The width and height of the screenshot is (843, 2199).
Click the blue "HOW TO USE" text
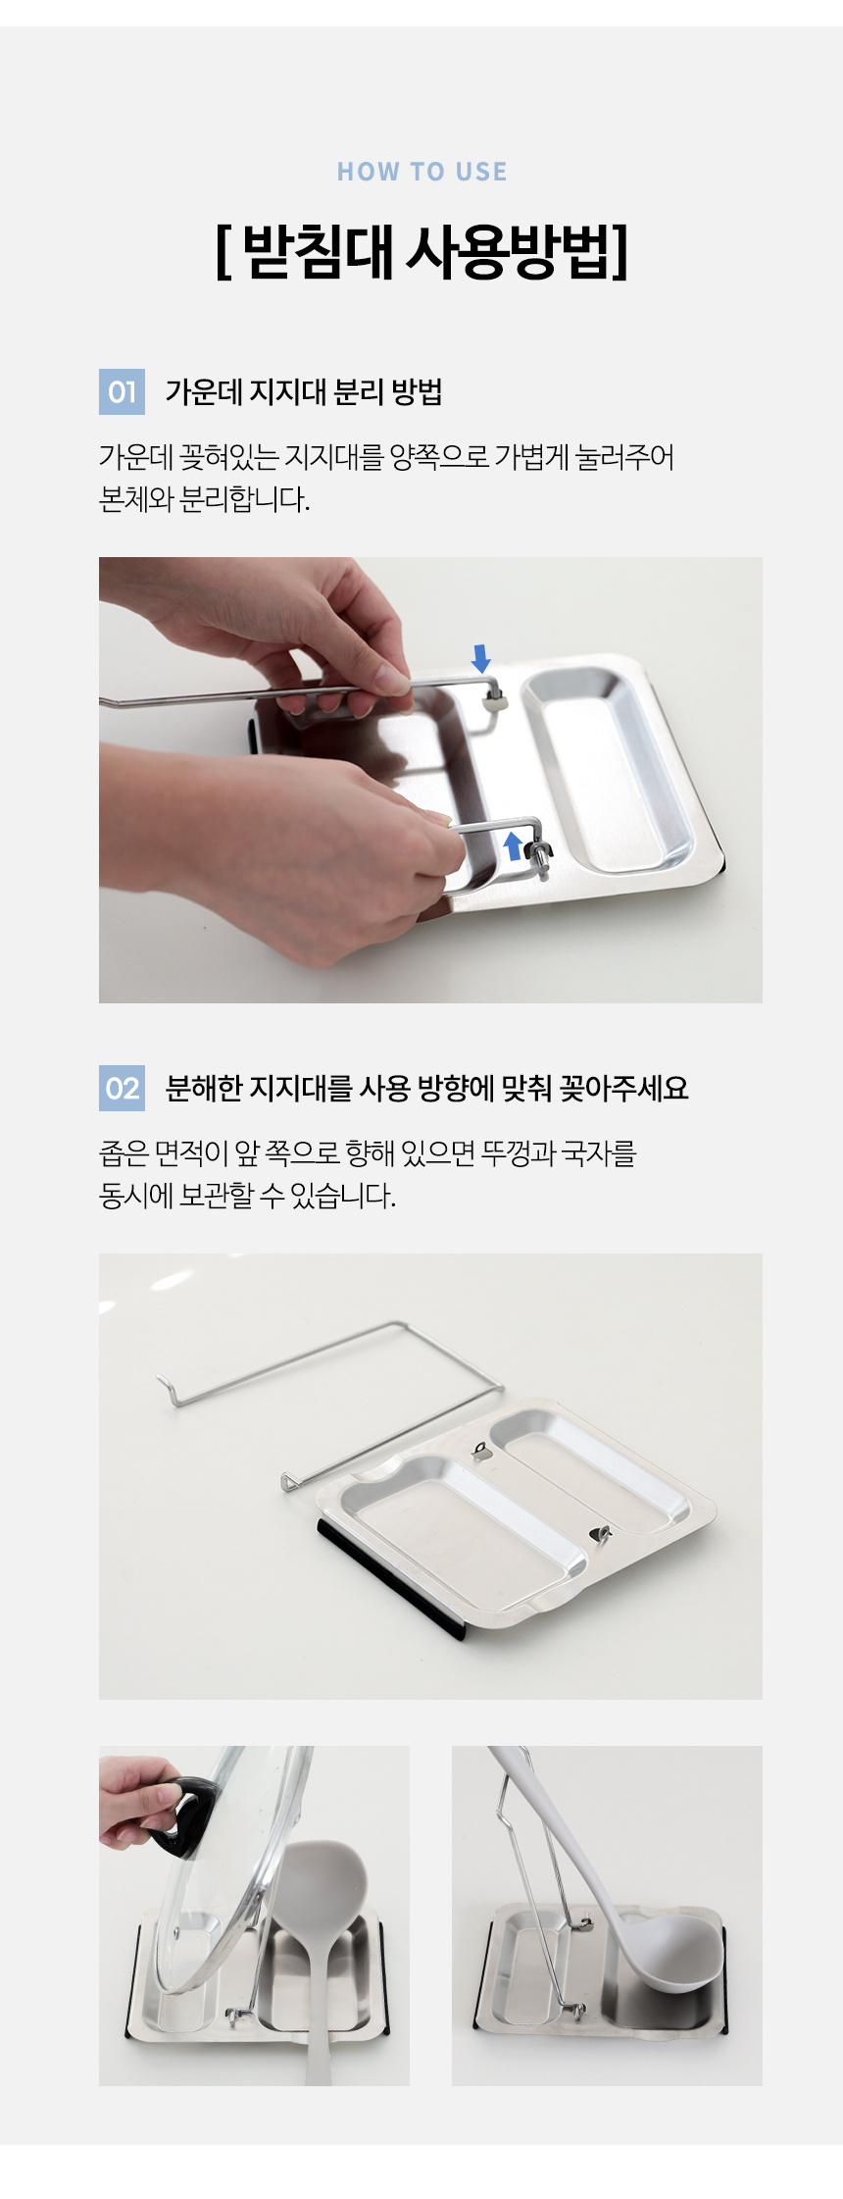click(x=421, y=172)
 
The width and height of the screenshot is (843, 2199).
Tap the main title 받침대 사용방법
click(x=421, y=252)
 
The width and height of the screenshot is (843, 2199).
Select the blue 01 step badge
click(x=122, y=392)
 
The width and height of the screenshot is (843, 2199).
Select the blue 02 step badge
click(x=122, y=1088)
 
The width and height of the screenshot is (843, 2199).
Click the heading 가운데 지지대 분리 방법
click(x=304, y=392)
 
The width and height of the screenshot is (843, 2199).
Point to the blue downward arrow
click(x=480, y=658)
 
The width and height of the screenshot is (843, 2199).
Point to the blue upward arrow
click(x=513, y=845)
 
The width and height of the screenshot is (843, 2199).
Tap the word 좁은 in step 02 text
click(x=124, y=1152)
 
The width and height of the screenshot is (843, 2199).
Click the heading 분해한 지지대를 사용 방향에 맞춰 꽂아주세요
click(x=426, y=1088)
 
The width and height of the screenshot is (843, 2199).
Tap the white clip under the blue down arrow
click(x=496, y=699)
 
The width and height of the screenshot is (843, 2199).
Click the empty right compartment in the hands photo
click(x=608, y=770)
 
